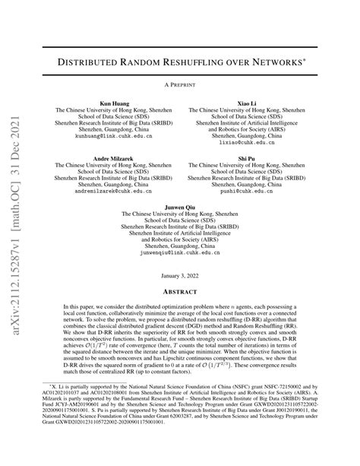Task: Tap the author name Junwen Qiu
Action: coord(179,207)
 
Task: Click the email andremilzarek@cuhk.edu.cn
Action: coord(113,191)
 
